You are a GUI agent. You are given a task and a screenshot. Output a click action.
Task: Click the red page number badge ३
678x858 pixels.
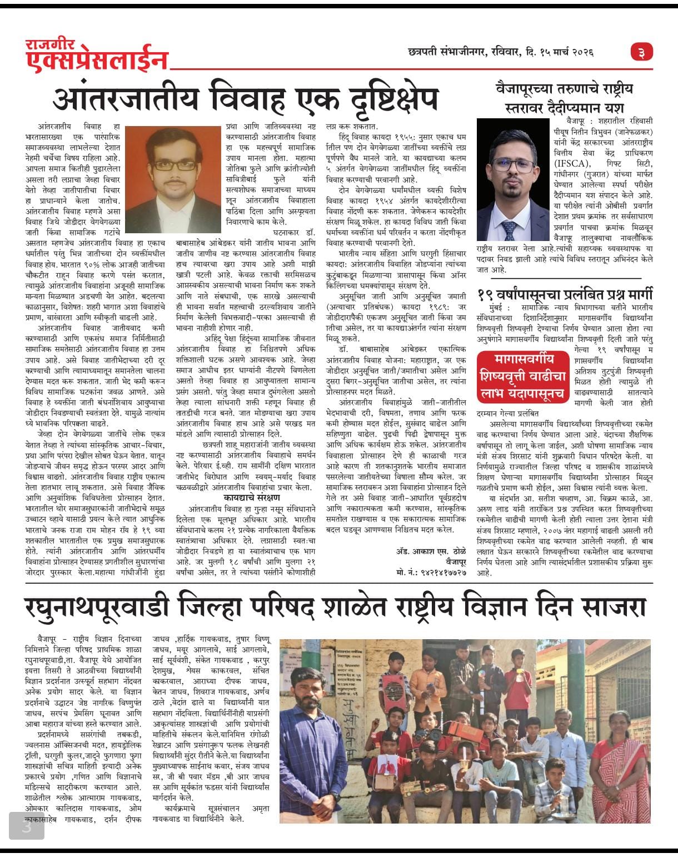coord(642,53)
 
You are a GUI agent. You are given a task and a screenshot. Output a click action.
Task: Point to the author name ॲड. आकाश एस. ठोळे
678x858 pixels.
coord(431,551)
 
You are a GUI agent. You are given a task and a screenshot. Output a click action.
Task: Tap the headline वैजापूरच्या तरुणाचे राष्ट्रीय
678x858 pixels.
coord(564,89)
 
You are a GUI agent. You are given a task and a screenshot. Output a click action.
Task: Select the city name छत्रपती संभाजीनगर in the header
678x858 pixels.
coord(445,53)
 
